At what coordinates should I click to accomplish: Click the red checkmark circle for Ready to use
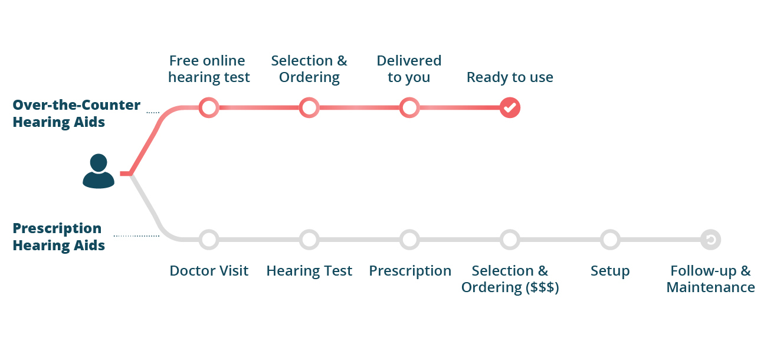(510, 107)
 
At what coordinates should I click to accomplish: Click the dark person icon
(99, 171)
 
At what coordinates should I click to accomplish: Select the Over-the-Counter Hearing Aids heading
(76, 113)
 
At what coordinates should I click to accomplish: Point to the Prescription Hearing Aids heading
(58, 237)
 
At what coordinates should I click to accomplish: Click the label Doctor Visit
(209, 271)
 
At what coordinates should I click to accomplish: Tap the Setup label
(610, 271)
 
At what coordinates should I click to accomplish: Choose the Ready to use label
(510, 77)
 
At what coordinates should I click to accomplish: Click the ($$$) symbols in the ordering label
(540, 287)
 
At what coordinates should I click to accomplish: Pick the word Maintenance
(710, 287)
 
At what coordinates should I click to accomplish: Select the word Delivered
(409, 61)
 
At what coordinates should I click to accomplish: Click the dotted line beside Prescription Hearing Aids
(136, 235)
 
